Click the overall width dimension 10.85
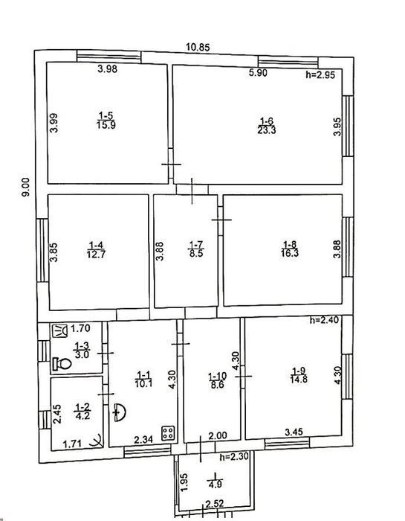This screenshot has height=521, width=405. coord(198,47)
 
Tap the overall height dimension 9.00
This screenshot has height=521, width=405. coord(25,187)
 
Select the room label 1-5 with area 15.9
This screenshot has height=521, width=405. coord(106,121)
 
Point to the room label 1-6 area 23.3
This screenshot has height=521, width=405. coord(267,126)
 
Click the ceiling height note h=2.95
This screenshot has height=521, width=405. coord(320,74)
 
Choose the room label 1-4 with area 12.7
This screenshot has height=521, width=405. coord(96,250)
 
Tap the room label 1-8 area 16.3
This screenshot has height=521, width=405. coord(290,249)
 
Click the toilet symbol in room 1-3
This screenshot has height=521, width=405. coord(62,363)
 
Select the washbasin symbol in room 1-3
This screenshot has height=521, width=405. coord(59,331)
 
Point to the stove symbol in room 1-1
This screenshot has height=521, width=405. coord(167,433)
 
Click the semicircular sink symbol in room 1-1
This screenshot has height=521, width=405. coord(120,412)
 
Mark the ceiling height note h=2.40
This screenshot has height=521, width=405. coord(325,320)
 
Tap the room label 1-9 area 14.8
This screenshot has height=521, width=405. coord(299,375)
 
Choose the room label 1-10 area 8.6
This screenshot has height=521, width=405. coord(217,381)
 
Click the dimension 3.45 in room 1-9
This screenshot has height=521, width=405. coord(294,432)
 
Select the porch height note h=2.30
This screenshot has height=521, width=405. coord(234,457)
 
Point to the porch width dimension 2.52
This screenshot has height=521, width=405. coord(215,504)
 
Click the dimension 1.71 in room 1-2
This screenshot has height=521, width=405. coord(72,444)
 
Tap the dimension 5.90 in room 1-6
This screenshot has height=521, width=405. coord(258,73)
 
